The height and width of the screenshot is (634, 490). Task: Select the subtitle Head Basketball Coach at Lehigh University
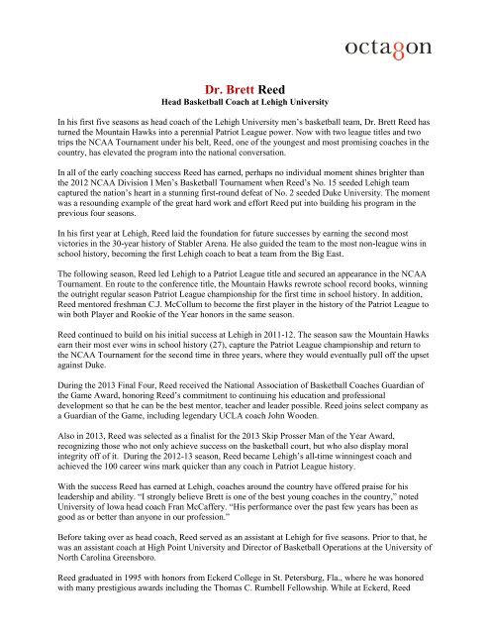pyautogui.click(x=245, y=130)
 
